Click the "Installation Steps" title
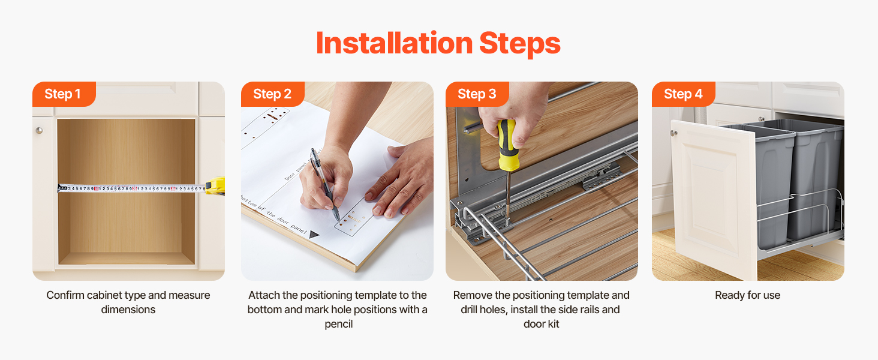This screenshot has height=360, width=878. [x=438, y=43]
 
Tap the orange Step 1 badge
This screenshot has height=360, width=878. [x=64, y=94]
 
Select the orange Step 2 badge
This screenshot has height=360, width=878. [x=273, y=94]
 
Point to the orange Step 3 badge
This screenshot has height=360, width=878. [x=477, y=94]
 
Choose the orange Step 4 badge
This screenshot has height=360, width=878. [x=683, y=94]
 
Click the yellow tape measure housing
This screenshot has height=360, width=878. [x=215, y=186]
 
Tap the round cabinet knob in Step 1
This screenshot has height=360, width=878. [x=39, y=130]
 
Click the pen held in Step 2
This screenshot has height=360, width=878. [x=324, y=184]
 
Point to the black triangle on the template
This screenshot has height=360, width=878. [x=314, y=235]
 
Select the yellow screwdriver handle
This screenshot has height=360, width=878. [x=507, y=145]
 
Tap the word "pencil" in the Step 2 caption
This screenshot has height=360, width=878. [x=339, y=325]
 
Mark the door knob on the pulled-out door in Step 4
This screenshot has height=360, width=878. [x=673, y=133]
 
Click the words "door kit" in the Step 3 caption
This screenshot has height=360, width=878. [x=542, y=324]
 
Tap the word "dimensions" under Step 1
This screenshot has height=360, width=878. [x=128, y=310]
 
